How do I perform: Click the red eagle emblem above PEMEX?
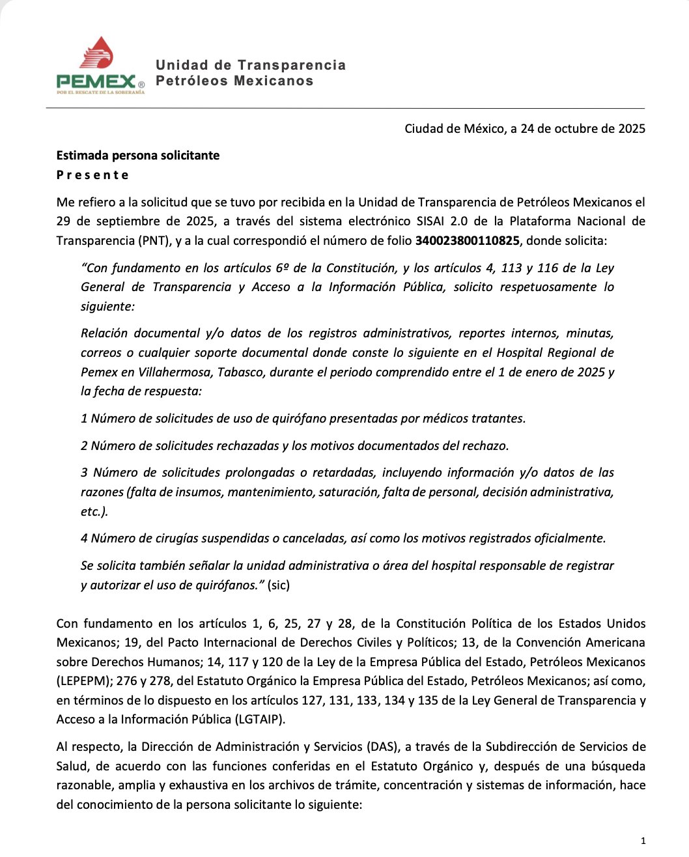[97, 53]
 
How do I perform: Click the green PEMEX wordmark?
[96, 81]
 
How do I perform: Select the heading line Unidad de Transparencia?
[251, 65]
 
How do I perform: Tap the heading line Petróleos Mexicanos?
[234, 81]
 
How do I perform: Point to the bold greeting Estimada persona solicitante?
[138, 156]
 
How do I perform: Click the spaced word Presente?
[92, 175]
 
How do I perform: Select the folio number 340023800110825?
[467, 241]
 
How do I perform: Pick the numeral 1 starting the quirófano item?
[84, 419]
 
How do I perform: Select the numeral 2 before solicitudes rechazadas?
[84, 446]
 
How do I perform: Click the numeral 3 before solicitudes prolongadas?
[85, 473]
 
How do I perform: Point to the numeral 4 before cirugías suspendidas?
[84, 539]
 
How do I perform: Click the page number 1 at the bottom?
[643, 841]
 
